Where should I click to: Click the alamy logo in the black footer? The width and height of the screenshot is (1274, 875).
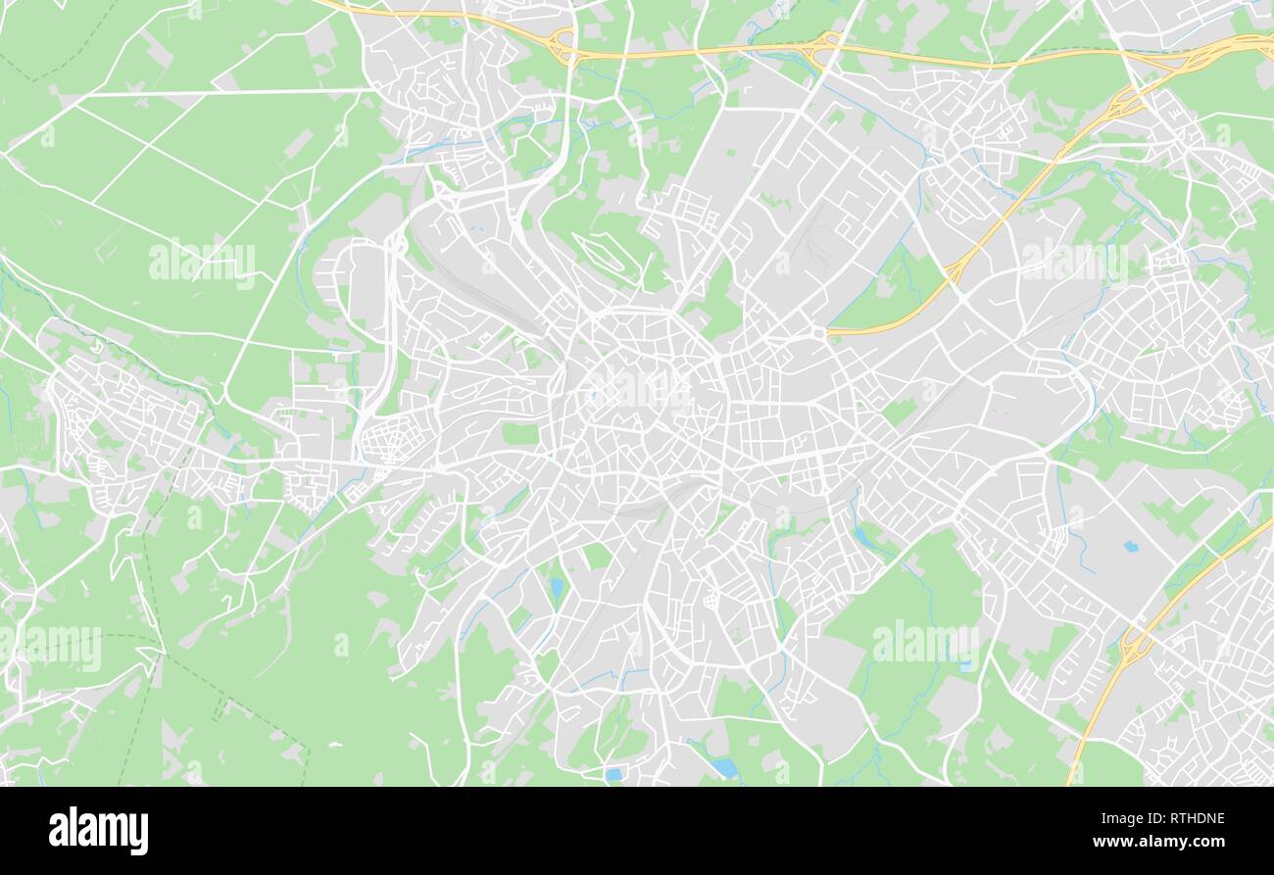98,831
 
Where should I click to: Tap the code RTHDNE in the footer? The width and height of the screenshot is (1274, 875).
1191,819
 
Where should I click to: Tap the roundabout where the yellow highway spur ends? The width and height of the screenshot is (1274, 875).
819,333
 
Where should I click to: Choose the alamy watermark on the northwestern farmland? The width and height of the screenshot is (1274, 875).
202,263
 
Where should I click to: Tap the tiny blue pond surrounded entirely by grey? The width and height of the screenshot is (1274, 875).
1132,546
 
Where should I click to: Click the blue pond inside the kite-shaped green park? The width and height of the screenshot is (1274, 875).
557,588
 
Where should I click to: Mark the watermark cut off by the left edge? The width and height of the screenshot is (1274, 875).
49,648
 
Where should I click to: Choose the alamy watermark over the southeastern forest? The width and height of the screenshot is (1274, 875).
925,642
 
